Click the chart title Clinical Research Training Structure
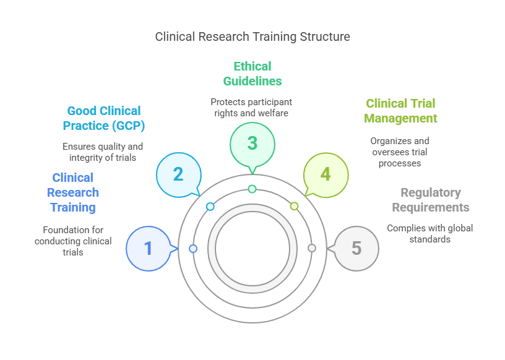(x=252, y=36)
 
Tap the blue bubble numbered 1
(x=149, y=249)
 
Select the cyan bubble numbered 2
(x=178, y=174)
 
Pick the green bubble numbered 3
(x=252, y=143)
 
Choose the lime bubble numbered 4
(x=326, y=174)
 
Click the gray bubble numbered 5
(x=356, y=249)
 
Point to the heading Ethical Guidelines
(x=252, y=74)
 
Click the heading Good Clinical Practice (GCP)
(x=104, y=118)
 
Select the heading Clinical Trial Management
(x=400, y=111)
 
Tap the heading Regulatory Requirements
(x=431, y=200)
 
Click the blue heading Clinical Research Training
(x=73, y=192)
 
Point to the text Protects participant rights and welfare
(x=251, y=107)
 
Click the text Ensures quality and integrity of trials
(x=103, y=152)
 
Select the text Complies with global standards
(x=430, y=233)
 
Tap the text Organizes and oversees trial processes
(x=400, y=152)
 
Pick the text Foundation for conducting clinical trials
(x=73, y=241)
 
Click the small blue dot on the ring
(x=193, y=249)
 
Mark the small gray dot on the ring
(x=312, y=248)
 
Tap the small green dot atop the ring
(x=252, y=189)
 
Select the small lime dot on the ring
(x=294, y=206)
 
